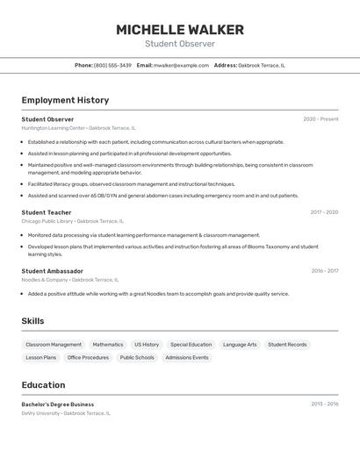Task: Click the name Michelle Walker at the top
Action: [180, 30]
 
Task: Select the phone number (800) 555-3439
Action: [112, 65]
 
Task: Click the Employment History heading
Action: [65, 100]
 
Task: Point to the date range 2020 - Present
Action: [320, 119]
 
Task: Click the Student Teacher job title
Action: [47, 212]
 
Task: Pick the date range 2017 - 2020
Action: [323, 212]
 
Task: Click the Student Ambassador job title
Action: [52, 271]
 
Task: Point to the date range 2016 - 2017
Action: [324, 271]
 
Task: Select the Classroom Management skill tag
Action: [54, 345]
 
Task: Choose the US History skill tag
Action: [147, 345]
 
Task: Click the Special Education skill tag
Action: [191, 345]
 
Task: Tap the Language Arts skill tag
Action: [240, 345]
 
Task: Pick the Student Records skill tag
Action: [287, 345]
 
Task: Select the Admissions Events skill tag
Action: [187, 358]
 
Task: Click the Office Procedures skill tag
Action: [88, 358]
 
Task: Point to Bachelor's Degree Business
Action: [57, 404]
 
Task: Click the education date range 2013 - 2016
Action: [324, 404]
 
